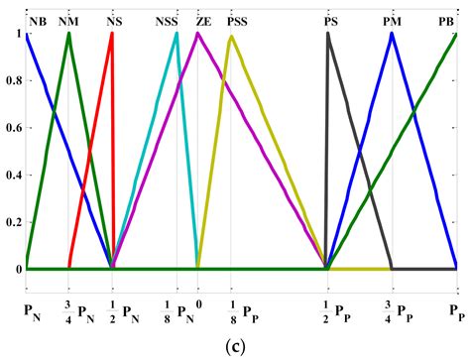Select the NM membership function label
coord(69,21)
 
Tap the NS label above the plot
coord(116,21)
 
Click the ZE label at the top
coord(203,21)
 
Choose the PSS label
coord(238,21)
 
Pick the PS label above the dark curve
coord(329,21)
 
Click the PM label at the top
coord(393,21)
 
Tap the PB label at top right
coord(447,21)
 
